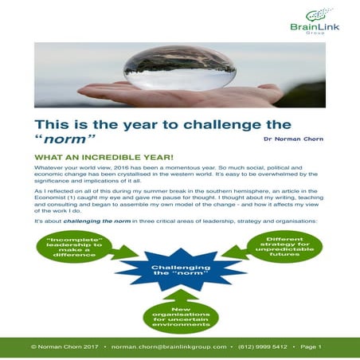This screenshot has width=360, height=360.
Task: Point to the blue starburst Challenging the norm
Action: (x=180, y=274)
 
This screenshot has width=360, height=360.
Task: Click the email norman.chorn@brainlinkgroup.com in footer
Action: (x=170, y=347)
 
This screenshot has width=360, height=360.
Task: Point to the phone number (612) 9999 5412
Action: (x=269, y=347)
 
